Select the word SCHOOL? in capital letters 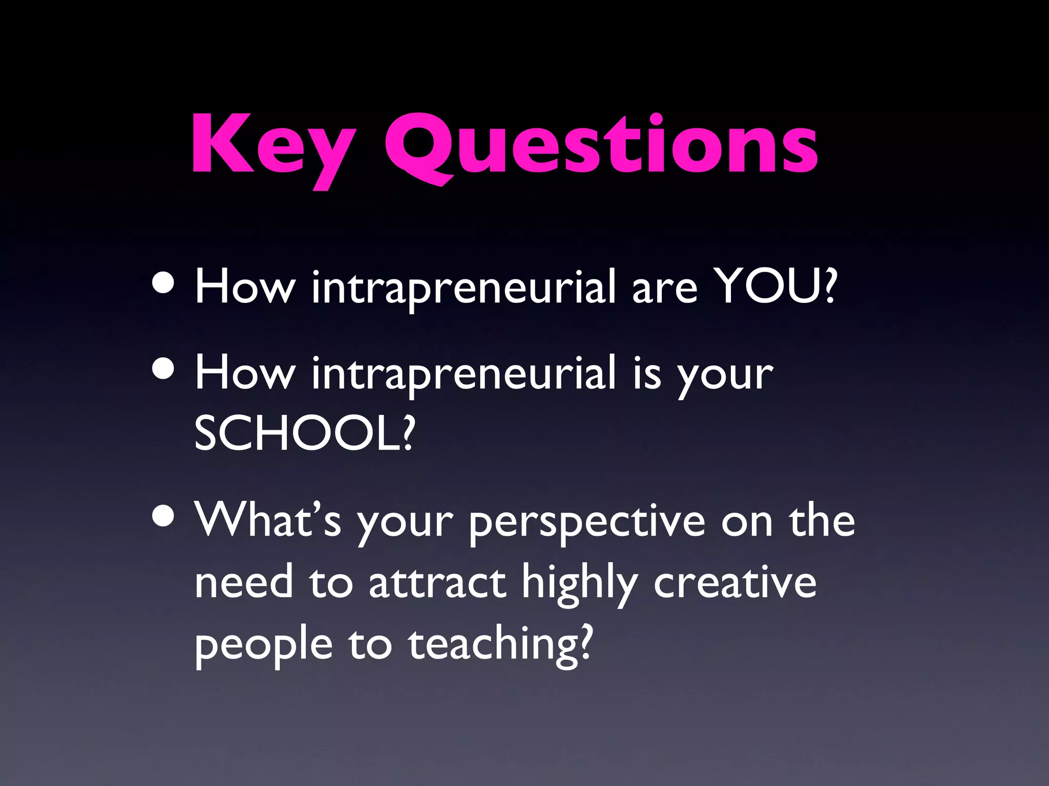point(304,433)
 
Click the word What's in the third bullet point(267,520)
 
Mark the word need point(243,583)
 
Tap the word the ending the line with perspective point(822,520)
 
